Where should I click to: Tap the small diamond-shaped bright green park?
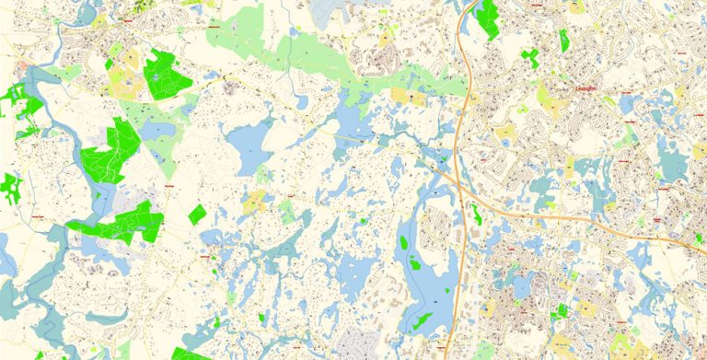click(197, 215)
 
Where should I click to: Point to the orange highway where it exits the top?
click(474, 4)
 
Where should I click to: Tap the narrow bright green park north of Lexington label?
click(563, 40)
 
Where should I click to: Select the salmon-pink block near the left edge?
click(20, 67)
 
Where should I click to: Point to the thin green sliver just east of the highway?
click(476, 215)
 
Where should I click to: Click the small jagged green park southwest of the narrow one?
click(530, 58)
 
